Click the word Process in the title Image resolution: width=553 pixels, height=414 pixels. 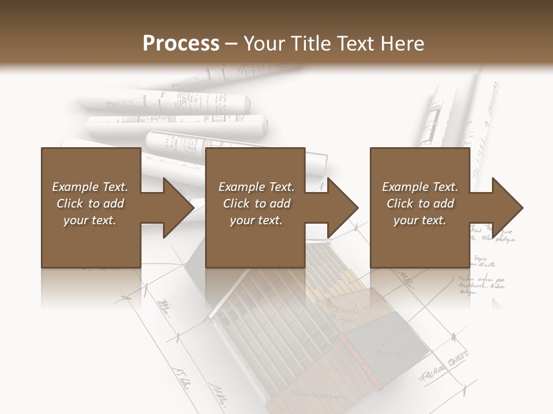click(181, 44)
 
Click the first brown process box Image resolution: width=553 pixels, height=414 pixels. click(91, 208)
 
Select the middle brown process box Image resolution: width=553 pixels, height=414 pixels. click(255, 208)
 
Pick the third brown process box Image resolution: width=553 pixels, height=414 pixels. click(420, 208)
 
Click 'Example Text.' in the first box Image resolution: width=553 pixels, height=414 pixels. click(90, 187)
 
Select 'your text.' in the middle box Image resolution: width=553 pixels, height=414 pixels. click(256, 220)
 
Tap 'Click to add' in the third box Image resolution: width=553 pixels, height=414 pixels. click(420, 204)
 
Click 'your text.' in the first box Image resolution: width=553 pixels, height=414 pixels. click(90, 220)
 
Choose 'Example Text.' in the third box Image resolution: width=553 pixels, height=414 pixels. click(420, 187)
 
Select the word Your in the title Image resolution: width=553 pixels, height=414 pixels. click(264, 44)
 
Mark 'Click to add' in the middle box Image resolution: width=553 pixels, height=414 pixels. click(256, 204)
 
